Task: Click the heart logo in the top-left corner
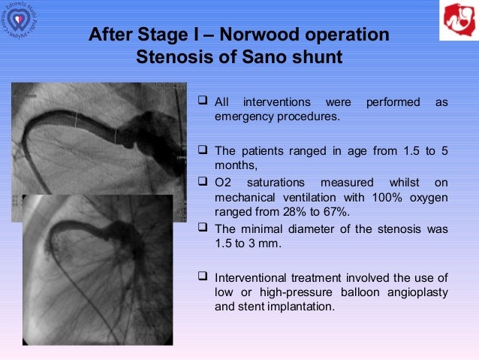[x=23, y=23]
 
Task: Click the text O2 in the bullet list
[x=224, y=183]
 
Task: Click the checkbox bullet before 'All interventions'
[x=203, y=101]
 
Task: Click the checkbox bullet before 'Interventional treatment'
[x=203, y=277]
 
